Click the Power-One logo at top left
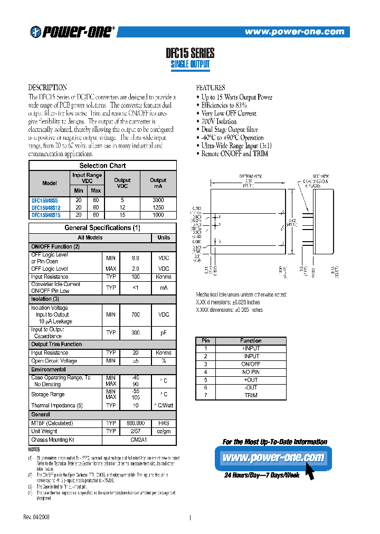click(72, 32)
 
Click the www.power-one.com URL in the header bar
click(294, 32)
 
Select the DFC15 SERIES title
click(190, 53)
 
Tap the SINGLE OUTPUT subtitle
click(190, 64)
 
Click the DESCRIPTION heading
click(47, 88)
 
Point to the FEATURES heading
click(211, 88)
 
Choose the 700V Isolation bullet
click(219, 121)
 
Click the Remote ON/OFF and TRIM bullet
click(235, 154)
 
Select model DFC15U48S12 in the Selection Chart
click(45, 207)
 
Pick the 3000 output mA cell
click(158, 201)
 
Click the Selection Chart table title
click(102, 166)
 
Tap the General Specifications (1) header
click(102, 228)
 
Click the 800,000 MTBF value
click(135, 423)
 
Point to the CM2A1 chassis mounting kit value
click(135, 440)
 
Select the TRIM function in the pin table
click(251, 395)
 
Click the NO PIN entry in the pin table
click(251, 371)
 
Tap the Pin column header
click(206, 340)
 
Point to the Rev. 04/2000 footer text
click(39, 517)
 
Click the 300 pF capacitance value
click(135, 332)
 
